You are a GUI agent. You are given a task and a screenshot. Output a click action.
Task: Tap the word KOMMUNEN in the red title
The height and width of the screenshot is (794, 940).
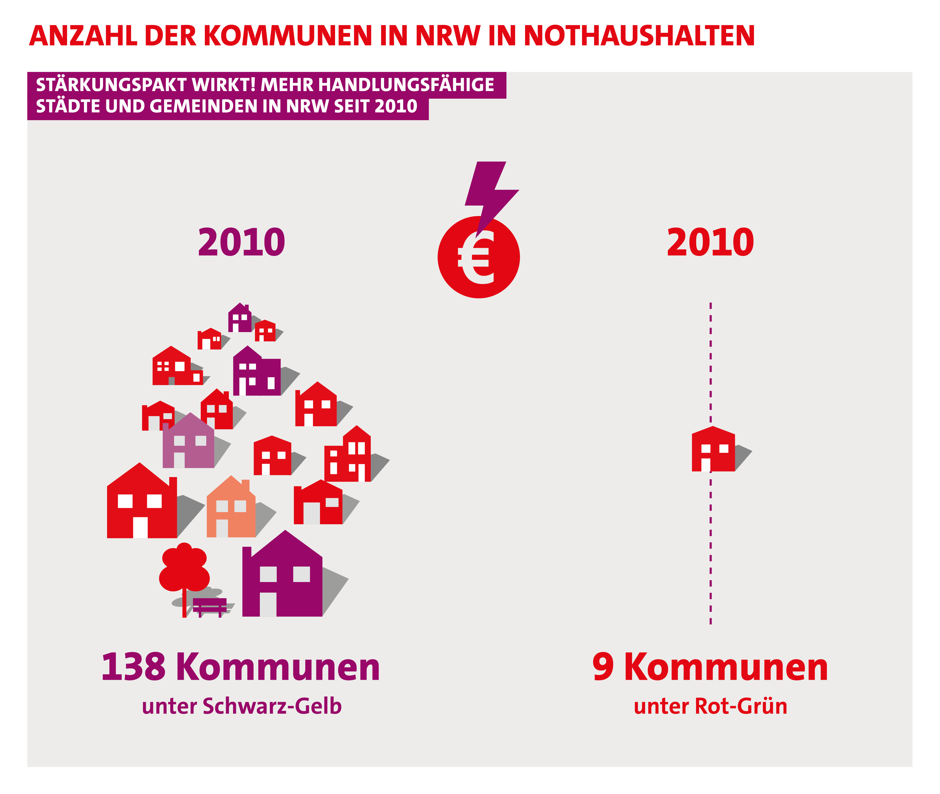[x=288, y=36]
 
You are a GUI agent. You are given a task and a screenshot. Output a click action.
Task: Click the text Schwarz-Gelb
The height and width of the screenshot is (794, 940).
[x=272, y=706]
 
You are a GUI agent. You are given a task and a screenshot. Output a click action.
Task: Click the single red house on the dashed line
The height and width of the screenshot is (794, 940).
[x=713, y=450]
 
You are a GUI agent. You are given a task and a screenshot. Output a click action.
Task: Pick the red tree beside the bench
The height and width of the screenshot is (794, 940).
[x=184, y=569]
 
